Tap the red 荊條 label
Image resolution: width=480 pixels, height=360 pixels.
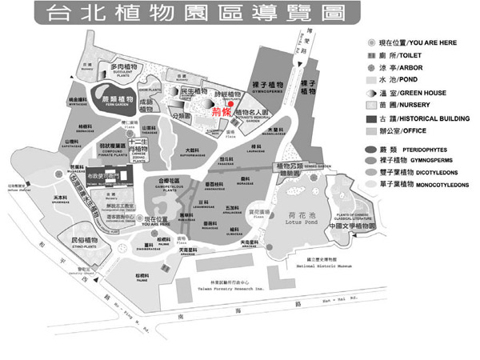pyautogui.click(x=220, y=114)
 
